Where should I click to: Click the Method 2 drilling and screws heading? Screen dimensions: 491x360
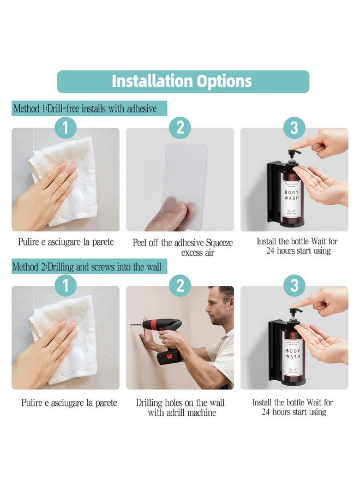click(89, 267)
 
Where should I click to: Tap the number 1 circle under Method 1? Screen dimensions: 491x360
click(65, 128)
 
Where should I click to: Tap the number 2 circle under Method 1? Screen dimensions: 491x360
click(180, 128)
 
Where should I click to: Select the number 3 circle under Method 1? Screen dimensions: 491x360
click(294, 128)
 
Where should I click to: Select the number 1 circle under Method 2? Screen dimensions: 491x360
click(65, 286)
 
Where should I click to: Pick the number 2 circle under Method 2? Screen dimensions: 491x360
click(180, 286)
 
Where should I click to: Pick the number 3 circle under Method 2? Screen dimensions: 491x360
click(294, 286)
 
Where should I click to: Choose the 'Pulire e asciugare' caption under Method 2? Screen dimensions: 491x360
click(69, 403)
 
